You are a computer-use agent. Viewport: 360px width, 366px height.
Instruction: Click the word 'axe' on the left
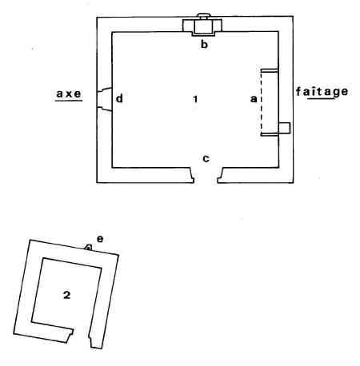click(69, 93)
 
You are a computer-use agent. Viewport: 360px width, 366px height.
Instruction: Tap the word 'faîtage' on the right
click(322, 92)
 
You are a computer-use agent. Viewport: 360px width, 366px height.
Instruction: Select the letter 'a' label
click(254, 99)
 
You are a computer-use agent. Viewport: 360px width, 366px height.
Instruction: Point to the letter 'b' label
click(204, 44)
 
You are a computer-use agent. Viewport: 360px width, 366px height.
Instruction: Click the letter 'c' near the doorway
click(206, 158)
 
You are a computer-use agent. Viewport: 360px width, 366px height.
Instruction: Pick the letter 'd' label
click(119, 98)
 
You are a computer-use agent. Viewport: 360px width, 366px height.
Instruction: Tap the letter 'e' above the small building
click(100, 239)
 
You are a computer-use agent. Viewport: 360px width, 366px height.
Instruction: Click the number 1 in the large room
click(195, 99)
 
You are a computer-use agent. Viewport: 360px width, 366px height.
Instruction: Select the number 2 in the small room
click(66, 295)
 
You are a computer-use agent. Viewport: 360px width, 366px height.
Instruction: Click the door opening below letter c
click(206, 175)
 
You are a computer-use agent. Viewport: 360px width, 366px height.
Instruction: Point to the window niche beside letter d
click(104, 99)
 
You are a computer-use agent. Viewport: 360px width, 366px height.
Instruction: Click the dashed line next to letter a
click(262, 102)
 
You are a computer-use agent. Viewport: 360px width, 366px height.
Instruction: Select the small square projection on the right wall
click(284, 128)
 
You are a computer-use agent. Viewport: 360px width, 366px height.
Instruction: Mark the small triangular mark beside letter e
click(88, 248)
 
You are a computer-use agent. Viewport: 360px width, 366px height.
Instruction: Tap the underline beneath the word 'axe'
click(69, 101)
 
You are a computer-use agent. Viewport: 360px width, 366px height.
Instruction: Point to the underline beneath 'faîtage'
click(321, 98)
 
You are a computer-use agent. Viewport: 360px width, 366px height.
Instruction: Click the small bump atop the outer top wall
click(204, 15)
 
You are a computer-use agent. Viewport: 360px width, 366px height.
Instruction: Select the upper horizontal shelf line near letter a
click(270, 70)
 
